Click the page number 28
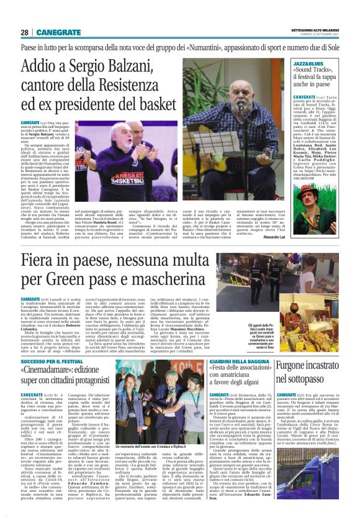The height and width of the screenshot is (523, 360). click(25, 32)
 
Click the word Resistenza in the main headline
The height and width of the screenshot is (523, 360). click(137, 86)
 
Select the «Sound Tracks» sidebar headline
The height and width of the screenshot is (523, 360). click(316, 79)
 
